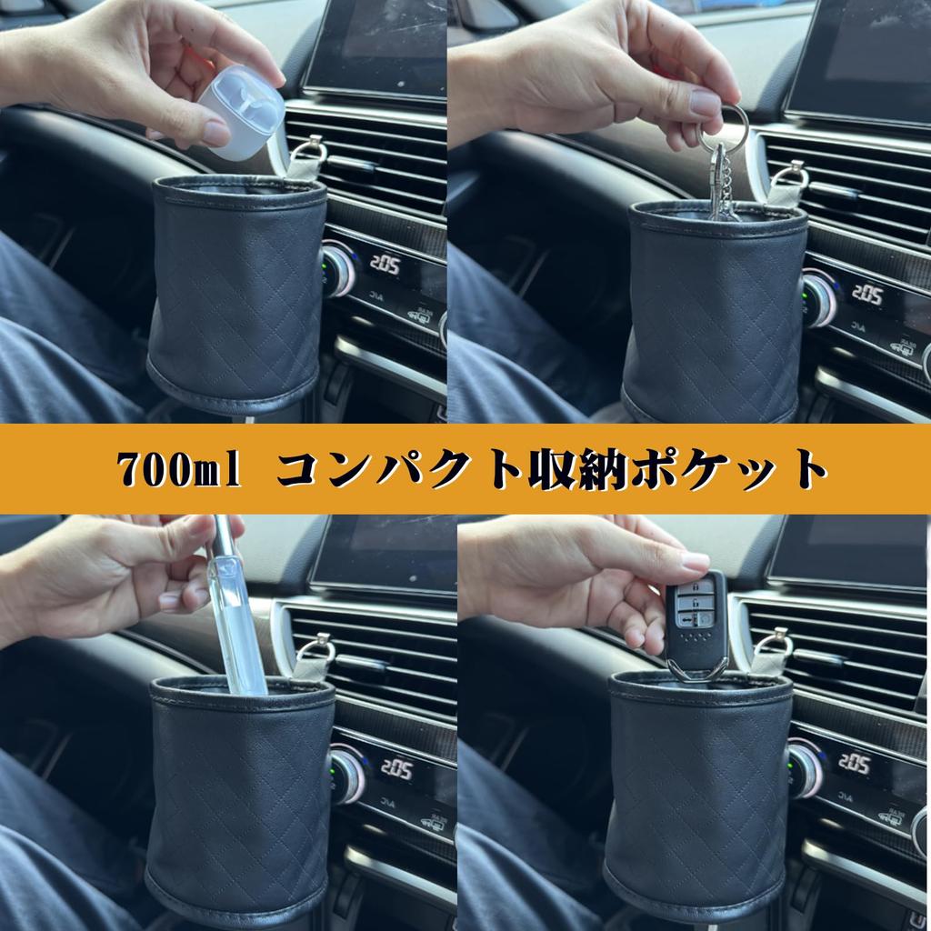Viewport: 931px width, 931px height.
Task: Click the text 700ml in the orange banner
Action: (178, 469)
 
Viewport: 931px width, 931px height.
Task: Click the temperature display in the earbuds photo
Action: (385, 265)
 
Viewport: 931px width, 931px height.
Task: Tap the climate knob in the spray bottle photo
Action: (346, 773)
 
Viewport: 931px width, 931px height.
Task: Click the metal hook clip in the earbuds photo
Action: (309, 156)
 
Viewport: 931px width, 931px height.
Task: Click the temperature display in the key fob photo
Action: (854, 762)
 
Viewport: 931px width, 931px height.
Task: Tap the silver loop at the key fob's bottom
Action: (696, 674)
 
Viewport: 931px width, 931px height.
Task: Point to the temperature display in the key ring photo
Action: (866, 295)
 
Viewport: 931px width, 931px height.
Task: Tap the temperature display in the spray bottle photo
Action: (397, 768)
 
